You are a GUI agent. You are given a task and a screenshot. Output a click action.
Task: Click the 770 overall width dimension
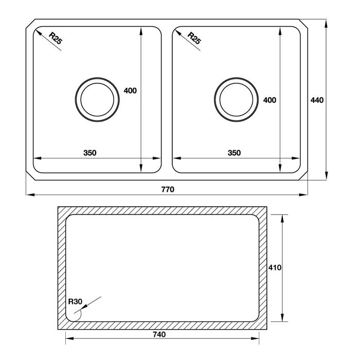[x=168, y=189]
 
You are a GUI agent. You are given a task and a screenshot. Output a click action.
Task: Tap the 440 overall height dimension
[x=317, y=100]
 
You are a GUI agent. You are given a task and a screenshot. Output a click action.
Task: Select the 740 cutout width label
[x=159, y=334]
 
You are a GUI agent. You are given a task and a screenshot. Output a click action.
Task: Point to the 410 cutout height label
[x=275, y=267]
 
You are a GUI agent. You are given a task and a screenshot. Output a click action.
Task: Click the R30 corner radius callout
[x=75, y=301]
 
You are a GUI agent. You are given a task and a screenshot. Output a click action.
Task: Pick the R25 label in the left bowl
[x=56, y=38]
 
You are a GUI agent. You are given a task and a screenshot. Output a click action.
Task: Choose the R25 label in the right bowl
[x=194, y=38]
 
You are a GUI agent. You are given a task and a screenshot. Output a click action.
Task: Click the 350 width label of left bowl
[x=90, y=153]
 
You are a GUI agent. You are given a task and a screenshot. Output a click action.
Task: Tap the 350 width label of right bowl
[x=234, y=153]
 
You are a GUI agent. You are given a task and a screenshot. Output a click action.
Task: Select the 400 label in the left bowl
[x=130, y=91]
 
